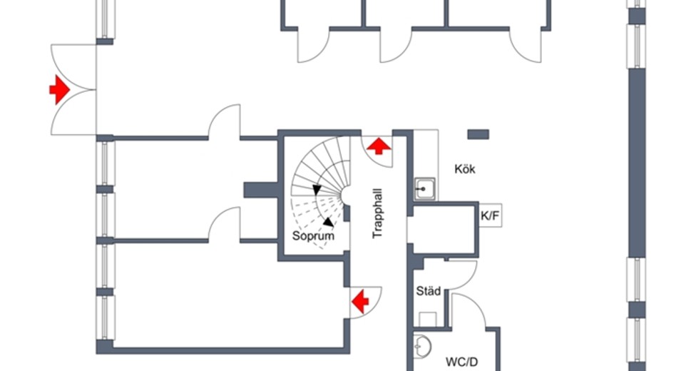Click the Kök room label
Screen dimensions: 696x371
coord(465,169)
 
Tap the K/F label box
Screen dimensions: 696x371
coord(490,216)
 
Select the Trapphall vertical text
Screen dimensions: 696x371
coord(378,213)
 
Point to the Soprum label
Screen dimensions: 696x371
coord(313,236)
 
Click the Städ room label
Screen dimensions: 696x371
coord(429,291)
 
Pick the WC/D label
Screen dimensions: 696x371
coord(461,362)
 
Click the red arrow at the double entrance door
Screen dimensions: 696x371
coord(59,90)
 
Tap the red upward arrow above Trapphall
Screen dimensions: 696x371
coord(378,146)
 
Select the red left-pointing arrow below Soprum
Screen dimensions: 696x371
coord(360,301)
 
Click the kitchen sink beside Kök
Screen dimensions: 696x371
coord(425,189)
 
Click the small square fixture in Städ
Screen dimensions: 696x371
coord(428,320)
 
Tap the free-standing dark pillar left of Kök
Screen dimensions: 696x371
coord(478,134)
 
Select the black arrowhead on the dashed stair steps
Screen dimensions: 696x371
coord(329,222)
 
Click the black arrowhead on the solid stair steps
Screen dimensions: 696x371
coord(317,190)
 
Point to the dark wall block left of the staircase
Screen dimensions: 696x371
coord(261,190)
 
